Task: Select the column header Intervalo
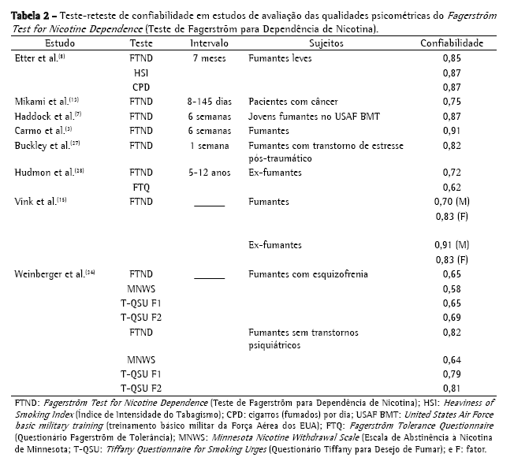pyautogui.click(x=209, y=43)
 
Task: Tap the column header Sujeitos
pyautogui.click(x=326, y=43)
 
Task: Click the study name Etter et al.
pyautogui.click(x=35, y=58)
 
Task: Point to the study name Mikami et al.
pyautogui.click(x=40, y=102)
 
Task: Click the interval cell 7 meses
pyautogui.click(x=209, y=58)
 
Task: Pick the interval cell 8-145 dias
pyautogui.click(x=209, y=102)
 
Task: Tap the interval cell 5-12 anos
pyautogui.click(x=209, y=173)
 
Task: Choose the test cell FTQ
pyautogui.click(x=141, y=187)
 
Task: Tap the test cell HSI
pyautogui.click(x=141, y=73)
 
